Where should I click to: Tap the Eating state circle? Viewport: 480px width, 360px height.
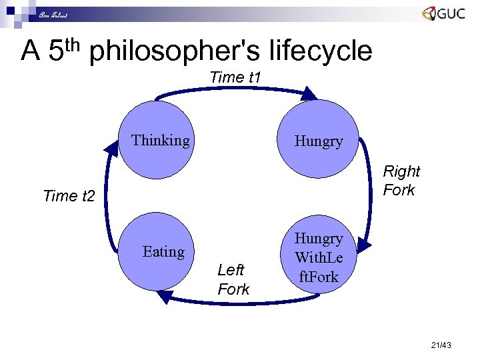coord(163,252)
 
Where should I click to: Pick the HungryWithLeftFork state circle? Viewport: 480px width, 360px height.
coord(319,257)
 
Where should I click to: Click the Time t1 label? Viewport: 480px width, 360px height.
coord(235,77)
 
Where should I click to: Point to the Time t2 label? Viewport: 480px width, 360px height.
coord(69,196)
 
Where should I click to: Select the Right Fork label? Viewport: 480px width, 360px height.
coord(401,181)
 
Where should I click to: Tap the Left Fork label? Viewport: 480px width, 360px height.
coord(233,279)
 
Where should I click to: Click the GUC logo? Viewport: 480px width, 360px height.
coord(443,14)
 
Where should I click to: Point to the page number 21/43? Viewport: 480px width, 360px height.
coord(441,345)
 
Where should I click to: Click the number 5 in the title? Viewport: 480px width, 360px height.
coord(56,51)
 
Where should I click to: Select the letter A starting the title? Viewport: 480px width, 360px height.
coord(31,51)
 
